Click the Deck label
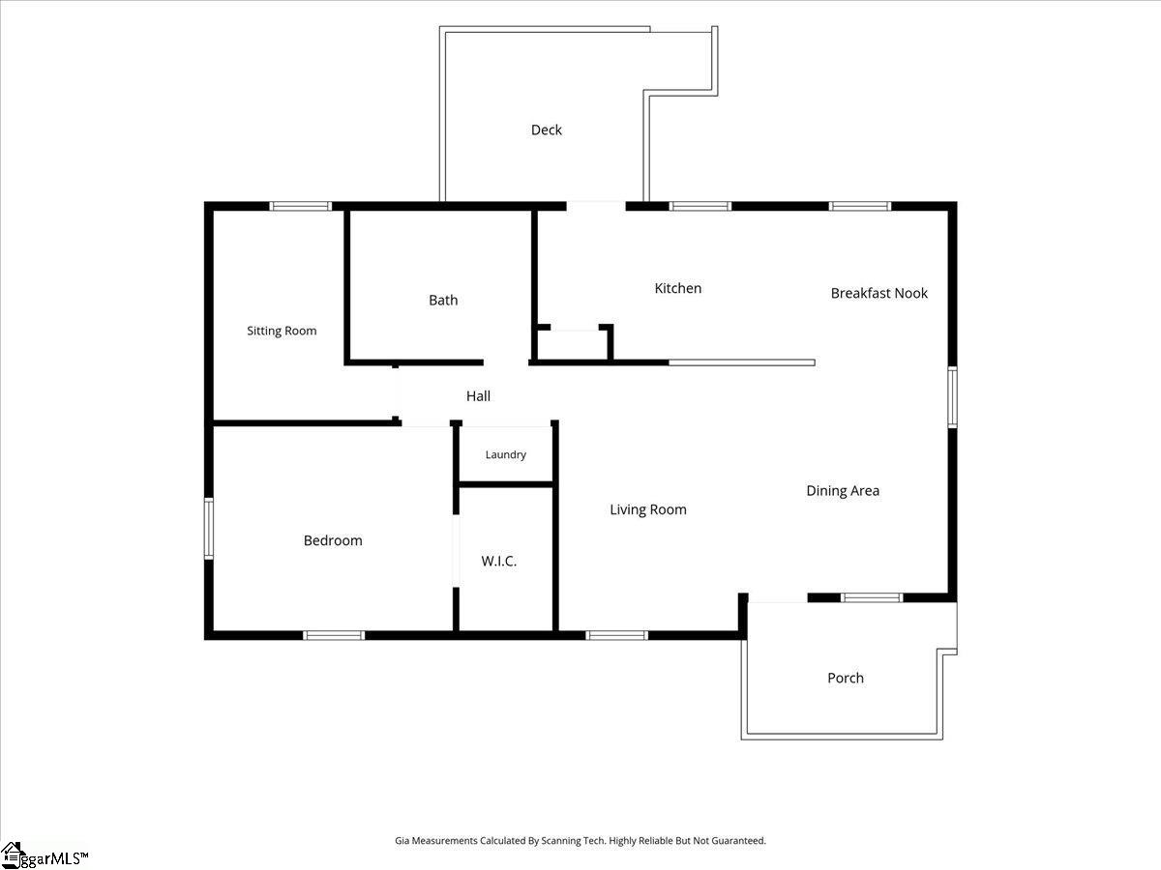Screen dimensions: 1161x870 (547, 130)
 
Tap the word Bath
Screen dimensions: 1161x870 (443, 300)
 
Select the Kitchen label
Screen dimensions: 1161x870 (678, 288)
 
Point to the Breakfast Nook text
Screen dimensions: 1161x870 (879, 293)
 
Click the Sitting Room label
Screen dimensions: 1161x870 (282, 331)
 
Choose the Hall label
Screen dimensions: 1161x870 (478, 396)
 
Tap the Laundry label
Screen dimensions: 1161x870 (506, 454)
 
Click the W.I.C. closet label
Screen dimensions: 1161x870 (499, 561)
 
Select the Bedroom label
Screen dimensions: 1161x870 (333, 540)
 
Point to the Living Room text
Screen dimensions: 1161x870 (648, 509)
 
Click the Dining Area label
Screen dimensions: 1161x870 (843, 491)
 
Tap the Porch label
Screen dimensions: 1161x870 (846, 678)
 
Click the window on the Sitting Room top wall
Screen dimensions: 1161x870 (301, 206)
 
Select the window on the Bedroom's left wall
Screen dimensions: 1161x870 (209, 528)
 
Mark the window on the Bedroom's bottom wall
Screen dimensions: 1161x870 (334, 635)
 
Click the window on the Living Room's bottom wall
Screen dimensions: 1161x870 (616, 635)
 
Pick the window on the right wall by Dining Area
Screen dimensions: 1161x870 (952, 397)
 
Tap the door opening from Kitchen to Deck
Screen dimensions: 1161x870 (596, 206)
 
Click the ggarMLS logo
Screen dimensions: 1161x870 (44, 856)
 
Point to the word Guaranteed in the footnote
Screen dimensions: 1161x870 (738, 840)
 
